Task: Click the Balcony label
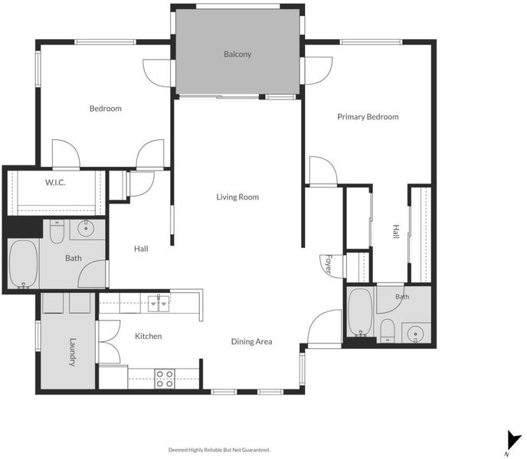pyautogui.click(x=237, y=54)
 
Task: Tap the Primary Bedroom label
pyautogui.click(x=368, y=117)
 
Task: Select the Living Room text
pyautogui.click(x=237, y=197)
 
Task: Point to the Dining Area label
pyautogui.click(x=252, y=342)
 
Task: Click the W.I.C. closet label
pyautogui.click(x=55, y=183)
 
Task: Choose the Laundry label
pyautogui.click(x=73, y=352)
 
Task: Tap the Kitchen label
pyautogui.click(x=149, y=336)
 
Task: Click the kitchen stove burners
pyautogui.click(x=165, y=379)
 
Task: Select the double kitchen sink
pyautogui.click(x=159, y=304)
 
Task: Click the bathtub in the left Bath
pyautogui.click(x=23, y=264)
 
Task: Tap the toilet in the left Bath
pyautogui.click(x=57, y=231)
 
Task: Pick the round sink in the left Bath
pyautogui.click(x=86, y=229)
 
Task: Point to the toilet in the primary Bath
pyautogui.click(x=388, y=330)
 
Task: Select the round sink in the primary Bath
pyautogui.click(x=415, y=334)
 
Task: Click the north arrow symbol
pyautogui.click(x=513, y=441)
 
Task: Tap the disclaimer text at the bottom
pyautogui.click(x=219, y=450)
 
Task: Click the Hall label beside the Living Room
pyautogui.click(x=141, y=249)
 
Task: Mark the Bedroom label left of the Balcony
pyautogui.click(x=106, y=109)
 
